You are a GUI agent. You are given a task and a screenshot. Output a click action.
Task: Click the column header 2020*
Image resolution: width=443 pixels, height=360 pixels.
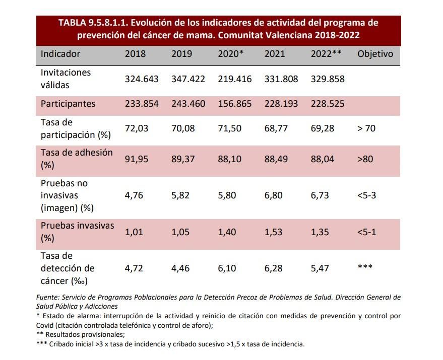point(231,54)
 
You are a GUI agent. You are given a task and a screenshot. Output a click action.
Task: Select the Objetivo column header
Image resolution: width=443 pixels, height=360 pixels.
point(375,54)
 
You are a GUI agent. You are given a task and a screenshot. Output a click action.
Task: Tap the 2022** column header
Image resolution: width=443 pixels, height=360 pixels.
point(326,54)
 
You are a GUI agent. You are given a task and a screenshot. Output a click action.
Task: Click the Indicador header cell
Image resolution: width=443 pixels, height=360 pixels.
point(60,54)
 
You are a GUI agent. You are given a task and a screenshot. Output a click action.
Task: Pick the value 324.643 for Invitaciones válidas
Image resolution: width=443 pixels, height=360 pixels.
point(142,79)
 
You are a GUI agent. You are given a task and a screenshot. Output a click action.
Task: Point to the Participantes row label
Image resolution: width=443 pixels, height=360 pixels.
point(68,104)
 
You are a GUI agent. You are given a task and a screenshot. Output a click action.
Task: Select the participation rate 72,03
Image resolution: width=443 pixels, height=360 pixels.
point(136,128)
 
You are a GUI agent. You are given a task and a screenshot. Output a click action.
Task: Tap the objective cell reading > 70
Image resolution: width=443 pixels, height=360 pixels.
point(366,128)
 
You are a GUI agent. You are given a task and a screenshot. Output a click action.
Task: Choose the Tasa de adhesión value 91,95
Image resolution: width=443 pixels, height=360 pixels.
point(136,159)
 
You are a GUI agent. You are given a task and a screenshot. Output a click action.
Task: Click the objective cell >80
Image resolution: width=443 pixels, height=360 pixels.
point(365,159)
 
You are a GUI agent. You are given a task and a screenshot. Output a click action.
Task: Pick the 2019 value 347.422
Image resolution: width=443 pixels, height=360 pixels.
point(188,79)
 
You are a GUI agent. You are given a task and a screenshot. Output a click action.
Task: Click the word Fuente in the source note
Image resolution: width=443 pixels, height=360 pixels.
point(48,297)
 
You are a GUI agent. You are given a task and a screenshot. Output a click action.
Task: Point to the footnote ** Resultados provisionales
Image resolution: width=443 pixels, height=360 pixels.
point(80,334)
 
